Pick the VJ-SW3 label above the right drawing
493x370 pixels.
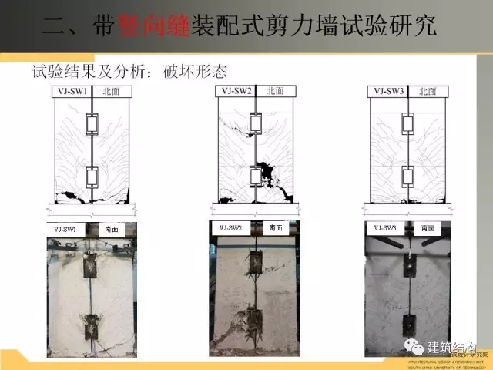coord(389,90)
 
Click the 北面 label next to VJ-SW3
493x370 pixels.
coord(428,90)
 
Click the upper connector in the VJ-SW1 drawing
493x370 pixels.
coord(92,123)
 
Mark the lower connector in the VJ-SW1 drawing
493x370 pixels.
coord(92,177)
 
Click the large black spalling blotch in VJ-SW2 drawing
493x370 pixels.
coord(268,166)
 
